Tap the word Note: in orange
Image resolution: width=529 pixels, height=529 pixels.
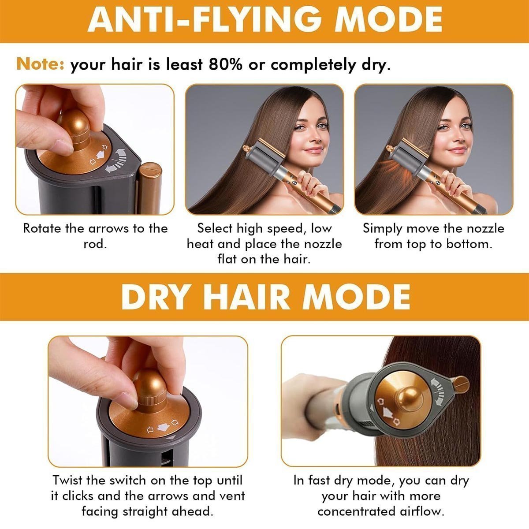41,65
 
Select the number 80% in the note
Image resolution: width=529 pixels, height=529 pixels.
225,65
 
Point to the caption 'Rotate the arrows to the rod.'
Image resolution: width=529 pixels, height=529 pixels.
95,236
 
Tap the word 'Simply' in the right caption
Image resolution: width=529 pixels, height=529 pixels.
382,228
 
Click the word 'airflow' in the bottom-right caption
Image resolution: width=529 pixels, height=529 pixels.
416,511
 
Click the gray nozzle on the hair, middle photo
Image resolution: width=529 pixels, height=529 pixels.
264,156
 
